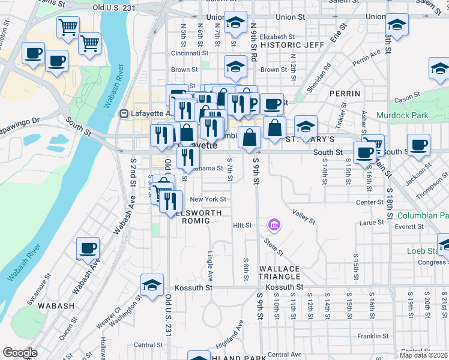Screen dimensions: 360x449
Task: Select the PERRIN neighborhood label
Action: pos(345,94)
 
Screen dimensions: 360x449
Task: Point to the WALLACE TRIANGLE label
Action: pos(279,272)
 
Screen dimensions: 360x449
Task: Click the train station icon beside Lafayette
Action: pos(124,113)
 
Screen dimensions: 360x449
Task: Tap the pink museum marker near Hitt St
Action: pos(274,226)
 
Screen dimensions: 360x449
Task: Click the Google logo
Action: pos(20,353)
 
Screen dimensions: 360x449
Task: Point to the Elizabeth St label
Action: pos(273,37)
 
